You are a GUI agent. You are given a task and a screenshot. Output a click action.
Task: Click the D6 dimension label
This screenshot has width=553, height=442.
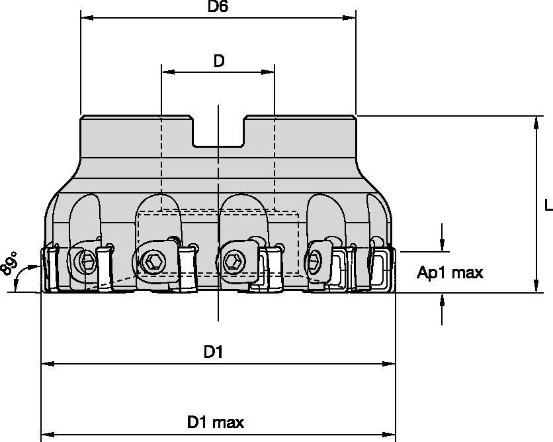[218, 7]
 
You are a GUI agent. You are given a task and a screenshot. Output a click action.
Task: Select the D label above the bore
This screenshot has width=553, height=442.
[218, 61]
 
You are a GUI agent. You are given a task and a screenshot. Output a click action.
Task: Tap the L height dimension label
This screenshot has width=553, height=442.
[548, 206]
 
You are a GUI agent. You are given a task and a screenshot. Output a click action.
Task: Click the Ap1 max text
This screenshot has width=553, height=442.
[450, 272]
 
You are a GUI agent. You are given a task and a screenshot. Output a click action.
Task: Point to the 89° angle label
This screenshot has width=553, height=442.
[9, 264]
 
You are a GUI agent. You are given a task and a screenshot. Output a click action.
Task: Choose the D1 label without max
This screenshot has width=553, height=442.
[213, 353]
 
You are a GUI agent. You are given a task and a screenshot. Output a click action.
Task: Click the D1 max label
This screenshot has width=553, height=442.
[216, 422]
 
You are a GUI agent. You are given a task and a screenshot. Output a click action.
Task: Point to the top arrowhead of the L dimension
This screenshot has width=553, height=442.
[534, 121]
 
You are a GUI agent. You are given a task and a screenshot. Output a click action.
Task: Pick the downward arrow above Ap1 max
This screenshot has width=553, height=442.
[443, 246]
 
